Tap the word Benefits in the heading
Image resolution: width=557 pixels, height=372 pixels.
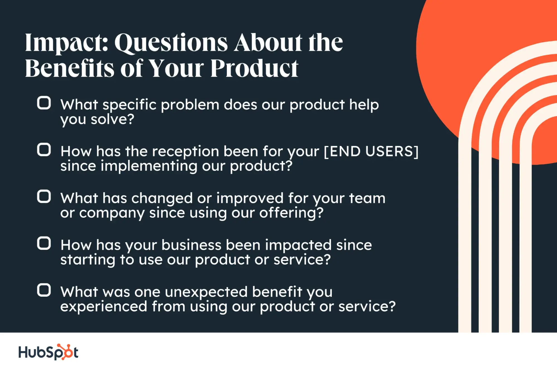tap(70, 68)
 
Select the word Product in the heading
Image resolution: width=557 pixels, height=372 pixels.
tap(254, 68)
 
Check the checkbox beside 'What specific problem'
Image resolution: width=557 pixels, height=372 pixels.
tap(44, 103)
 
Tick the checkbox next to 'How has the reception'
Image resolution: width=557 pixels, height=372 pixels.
tap(44, 150)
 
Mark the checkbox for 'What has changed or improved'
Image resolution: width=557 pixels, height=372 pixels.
tap(44, 197)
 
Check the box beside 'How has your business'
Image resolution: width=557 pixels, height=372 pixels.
tap(44, 244)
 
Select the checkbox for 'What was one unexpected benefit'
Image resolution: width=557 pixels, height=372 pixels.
tap(44, 290)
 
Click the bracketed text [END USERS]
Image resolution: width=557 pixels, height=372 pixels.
tap(371, 152)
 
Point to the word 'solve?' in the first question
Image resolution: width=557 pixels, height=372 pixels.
tap(112, 119)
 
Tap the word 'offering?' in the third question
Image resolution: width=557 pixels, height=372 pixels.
tap(291, 213)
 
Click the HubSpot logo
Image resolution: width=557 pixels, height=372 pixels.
tap(48, 352)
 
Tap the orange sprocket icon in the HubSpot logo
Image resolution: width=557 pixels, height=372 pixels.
tap(67, 352)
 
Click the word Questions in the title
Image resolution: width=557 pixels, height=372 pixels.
tap(171, 43)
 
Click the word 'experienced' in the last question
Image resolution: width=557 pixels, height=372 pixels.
tap(104, 306)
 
